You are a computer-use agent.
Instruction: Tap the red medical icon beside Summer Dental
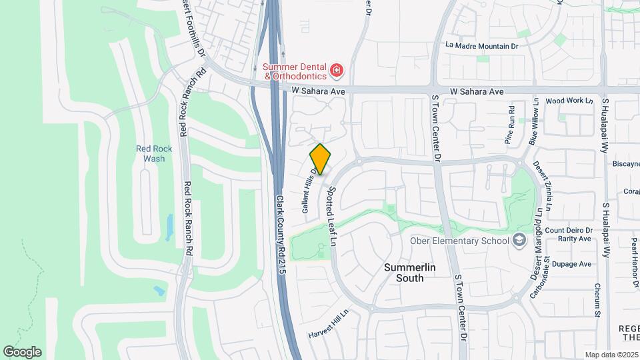(x=337, y=69)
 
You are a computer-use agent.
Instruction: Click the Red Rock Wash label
(x=154, y=154)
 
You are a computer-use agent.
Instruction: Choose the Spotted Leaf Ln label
(x=331, y=215)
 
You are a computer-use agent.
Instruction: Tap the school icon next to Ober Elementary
(x=519, y=241)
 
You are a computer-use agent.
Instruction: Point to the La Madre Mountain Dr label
(x=482, y=46)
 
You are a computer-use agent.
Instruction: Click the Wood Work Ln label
(x=569, y=101)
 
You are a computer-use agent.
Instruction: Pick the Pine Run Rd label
(x=511, y=125)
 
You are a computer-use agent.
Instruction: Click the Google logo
(x=22, y=352)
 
